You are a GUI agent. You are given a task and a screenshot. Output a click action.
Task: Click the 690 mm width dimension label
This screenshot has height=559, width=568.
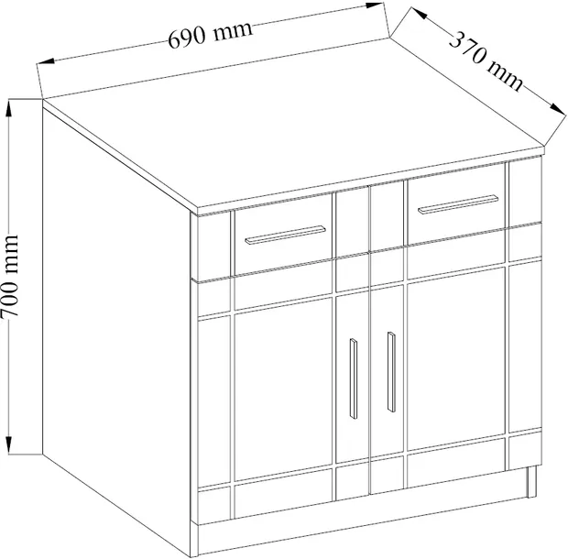tap(210, 35)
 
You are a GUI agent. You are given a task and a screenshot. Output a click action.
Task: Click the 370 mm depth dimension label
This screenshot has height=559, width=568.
tap(486, 61)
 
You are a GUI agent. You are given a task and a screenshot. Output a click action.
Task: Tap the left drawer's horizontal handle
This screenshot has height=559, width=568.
tap(285, 236)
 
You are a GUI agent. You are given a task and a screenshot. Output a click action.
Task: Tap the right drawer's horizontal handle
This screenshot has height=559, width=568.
tap(458, 204)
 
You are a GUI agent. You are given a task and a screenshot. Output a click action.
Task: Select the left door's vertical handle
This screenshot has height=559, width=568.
tap(354, 379)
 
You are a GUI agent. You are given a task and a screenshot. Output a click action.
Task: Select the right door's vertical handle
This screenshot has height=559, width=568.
tap(391, 372)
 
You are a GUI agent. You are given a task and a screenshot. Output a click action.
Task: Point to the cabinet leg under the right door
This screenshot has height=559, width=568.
tap(531, 481)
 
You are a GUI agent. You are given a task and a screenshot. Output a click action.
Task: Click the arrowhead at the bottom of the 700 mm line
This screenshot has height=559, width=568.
tap(9, 444)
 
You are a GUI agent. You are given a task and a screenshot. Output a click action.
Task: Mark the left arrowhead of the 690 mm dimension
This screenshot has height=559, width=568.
tap(46, 61)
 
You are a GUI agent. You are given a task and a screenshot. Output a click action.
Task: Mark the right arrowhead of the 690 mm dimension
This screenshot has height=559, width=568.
tap(374, 5)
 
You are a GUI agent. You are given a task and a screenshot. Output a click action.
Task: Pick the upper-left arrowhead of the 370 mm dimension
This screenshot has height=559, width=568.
tap(419, 14)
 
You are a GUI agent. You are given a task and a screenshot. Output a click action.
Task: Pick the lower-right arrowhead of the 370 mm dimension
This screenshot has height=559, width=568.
tap(558, 109)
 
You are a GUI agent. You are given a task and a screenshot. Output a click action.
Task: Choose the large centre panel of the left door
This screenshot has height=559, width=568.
tap(284, 389)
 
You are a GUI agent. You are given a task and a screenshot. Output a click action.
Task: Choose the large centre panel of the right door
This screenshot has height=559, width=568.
tap(456, 359)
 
